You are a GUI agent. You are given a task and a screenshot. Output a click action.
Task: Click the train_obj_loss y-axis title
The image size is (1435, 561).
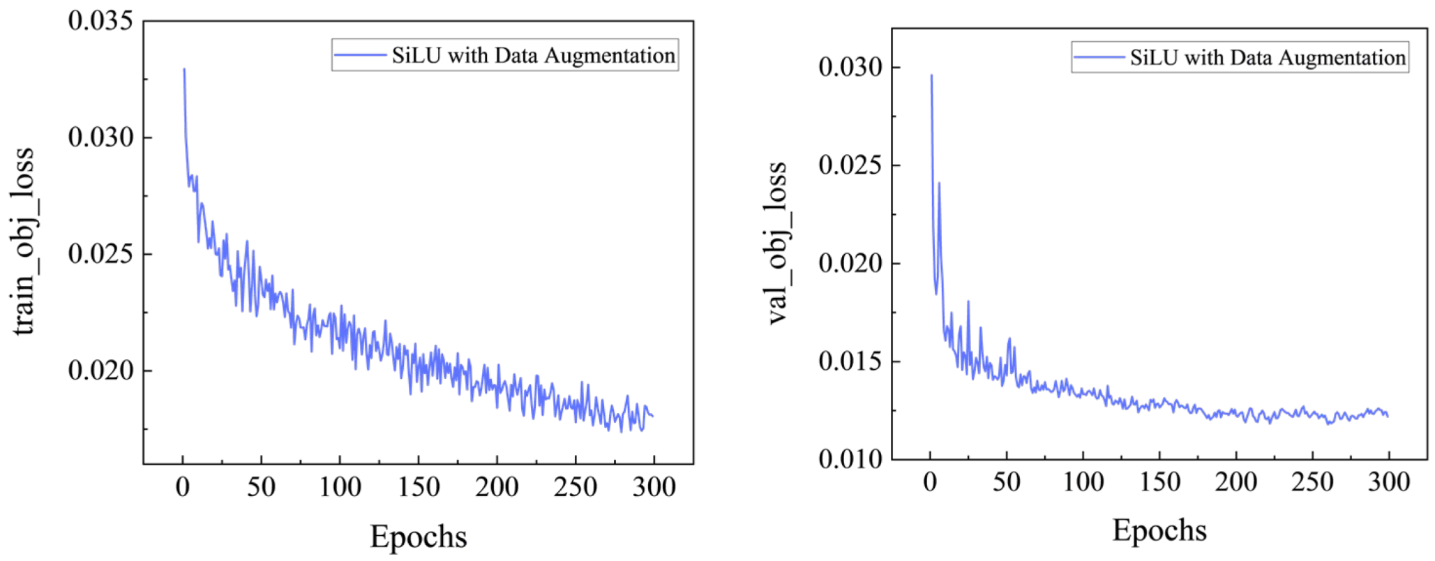pos(24,241)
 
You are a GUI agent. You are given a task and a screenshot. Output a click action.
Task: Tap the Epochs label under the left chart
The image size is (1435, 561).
pos(418,537)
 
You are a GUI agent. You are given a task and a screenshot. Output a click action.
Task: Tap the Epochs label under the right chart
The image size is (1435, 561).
pos(1159,530)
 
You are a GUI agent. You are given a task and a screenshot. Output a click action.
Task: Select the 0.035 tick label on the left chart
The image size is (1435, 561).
pos(100,21)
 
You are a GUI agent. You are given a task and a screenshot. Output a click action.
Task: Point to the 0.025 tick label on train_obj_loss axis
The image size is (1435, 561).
pos(100,254)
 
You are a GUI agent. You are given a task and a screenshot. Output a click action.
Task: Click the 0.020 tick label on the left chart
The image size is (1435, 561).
pos(100,371)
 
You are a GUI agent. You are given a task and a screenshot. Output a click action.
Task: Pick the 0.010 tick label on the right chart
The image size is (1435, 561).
pos(850,459)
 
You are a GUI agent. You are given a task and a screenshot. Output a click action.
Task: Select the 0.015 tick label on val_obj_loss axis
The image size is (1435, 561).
pos(850,361)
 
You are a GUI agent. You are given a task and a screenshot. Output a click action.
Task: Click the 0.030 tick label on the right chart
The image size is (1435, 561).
pos(850,68)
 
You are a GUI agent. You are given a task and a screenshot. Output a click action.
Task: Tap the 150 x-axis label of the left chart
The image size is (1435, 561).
pos(419,486)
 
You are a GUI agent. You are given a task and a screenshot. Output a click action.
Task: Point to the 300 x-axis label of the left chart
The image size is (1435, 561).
pos(654,486)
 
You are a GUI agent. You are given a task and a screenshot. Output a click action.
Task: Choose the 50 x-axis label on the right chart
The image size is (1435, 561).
pos(1006,481)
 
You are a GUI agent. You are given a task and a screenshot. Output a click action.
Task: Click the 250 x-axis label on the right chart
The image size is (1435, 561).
pos(1312,481)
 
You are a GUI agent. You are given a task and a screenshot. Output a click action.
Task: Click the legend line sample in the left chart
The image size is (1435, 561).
pos(360,55)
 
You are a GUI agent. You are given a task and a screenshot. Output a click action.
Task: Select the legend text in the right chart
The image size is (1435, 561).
pos(1268,57)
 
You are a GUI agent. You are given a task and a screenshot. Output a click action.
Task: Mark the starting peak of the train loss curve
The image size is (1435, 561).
pos(184,69)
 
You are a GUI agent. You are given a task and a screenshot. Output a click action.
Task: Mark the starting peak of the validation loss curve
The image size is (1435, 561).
pos(931,75)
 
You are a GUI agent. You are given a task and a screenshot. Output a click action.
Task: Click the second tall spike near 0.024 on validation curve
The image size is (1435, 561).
pos(939,184)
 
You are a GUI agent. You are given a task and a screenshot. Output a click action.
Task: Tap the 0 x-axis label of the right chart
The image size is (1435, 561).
pos(930,481)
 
